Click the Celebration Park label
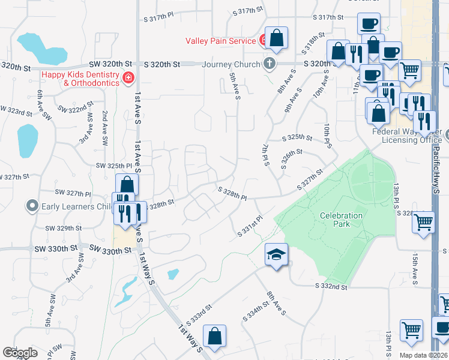pyautogui.click(x=341, y=220)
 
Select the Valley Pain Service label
pyautogui.click(x=220, y=41)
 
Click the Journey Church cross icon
pyautogui.click(x=270, y=64)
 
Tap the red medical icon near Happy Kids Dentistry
pyautogui.click(x=127, y=78)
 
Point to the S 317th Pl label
pyautogui.click(x=158, y=19)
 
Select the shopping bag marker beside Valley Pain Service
pyautogui.click(x=277, y=39)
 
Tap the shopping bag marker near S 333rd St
pyautogui.click(x=214, y=337)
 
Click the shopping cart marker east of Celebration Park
pyautogui.click(x=423, y=222)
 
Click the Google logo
pyautogui.click(x=20, y=353)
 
